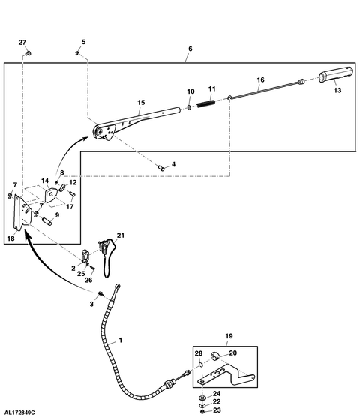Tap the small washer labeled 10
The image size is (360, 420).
[x=189, y=107]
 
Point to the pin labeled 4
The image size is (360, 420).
[x=161, y=168]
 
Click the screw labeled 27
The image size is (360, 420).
[x=28, y=53]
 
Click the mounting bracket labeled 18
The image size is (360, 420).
[x=22, y=212]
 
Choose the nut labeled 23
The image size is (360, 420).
[x=202, y=411]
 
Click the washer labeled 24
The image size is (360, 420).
[x=202, y=397]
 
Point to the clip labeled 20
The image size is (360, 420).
[x=216, y=355]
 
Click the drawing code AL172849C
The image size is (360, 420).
[x=19, y=412]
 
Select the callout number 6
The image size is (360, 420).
[x=190, y=49]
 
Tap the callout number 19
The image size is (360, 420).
[x=229, y=336]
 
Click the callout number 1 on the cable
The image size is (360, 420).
[x=121, y=340]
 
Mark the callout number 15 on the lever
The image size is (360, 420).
[x=141, y=102]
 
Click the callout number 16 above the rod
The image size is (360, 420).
[x=261, y=79]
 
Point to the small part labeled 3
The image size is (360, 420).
[x=101, y=293]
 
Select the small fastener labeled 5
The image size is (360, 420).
[x=77, y=53]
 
